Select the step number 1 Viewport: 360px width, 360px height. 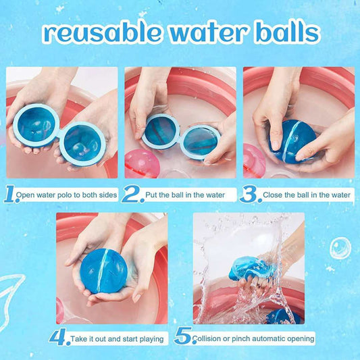pos(11,195)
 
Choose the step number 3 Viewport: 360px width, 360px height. pos(250,195)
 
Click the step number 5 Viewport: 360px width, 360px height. pos(182,338)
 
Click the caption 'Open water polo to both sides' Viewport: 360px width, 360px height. pos(68,196)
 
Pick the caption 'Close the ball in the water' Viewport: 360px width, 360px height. pos(307,196)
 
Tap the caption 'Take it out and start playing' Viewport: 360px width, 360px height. pos(118,338)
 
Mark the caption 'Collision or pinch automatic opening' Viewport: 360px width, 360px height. pos(253,338)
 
